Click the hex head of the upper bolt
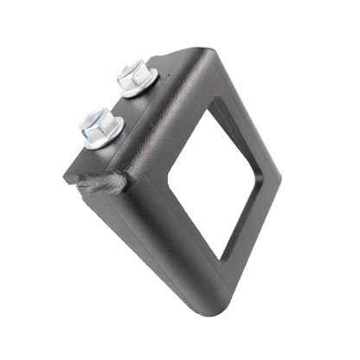point(136,74)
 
